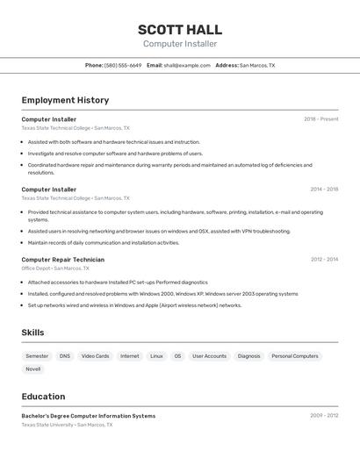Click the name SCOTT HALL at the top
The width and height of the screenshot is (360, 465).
180,30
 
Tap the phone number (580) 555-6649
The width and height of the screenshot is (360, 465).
123,66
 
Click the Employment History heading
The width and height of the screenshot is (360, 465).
65,100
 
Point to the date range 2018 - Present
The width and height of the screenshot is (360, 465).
321,119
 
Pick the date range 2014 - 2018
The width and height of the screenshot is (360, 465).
324,190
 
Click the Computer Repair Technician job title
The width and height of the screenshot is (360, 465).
62,260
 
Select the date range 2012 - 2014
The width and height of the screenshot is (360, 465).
324,260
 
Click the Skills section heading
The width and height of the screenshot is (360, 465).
32,333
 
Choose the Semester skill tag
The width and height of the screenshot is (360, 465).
37,356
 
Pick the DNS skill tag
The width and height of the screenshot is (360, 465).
65,356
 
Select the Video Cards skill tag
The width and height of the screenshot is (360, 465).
96,356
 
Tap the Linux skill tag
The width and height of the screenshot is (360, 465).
156,356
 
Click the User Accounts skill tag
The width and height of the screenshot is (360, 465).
209,356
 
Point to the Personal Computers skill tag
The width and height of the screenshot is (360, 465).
295,356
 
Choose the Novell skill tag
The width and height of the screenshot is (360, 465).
33,369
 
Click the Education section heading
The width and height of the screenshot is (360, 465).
43,397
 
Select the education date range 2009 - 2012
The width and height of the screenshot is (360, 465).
324,416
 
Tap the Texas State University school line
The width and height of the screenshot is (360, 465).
67,425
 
